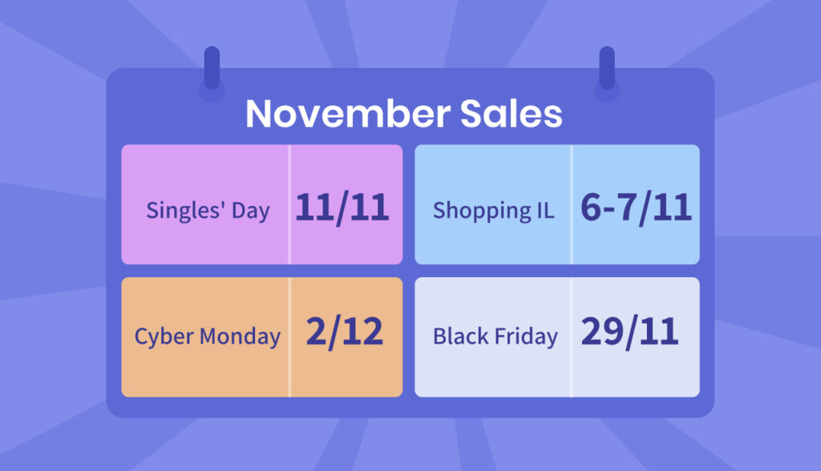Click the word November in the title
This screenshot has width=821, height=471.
(348, 114)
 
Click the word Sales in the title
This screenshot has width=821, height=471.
(511, 114)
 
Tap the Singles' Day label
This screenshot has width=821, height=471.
(208, 211)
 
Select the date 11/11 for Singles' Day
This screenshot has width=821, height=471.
(342, 208)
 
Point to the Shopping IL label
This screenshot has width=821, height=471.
(493, 211)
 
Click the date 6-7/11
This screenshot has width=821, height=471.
(636, 208)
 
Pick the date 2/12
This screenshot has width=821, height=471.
(345, 332)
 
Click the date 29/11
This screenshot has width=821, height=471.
(630, 332)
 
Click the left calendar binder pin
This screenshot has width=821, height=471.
(212, 68)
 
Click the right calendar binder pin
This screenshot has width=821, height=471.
(607, 68)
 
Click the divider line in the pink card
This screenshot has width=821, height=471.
(289, 204)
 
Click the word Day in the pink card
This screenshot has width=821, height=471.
(251, 211)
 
